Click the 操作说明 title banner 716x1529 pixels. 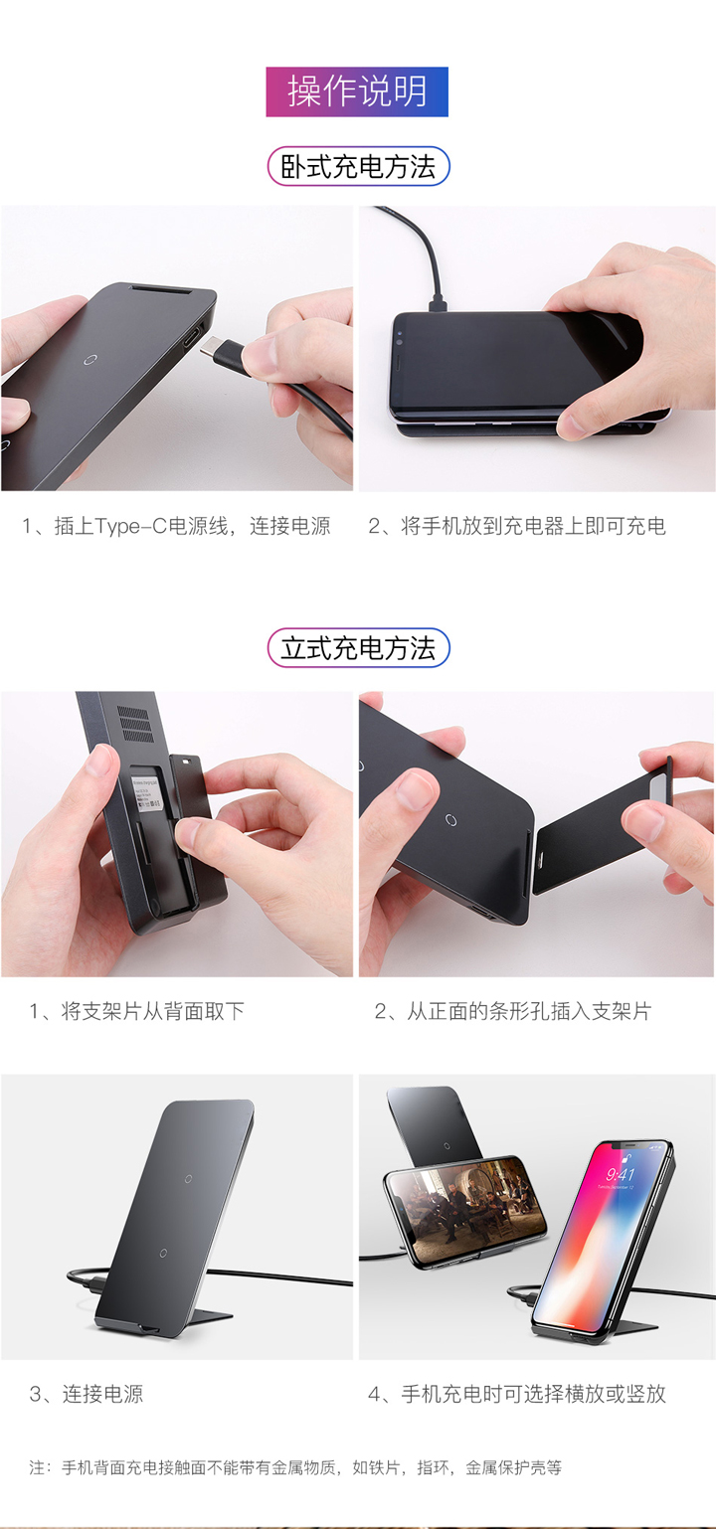click(357, 91)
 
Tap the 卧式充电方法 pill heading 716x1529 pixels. click(358, 167)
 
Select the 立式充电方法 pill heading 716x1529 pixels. click(358, 648)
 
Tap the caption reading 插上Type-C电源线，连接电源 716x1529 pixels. click(176, 526)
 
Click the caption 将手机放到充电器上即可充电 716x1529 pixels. click(517, 526)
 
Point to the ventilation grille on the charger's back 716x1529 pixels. click(135, 725)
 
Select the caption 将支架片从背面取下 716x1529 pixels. click(136, 1011)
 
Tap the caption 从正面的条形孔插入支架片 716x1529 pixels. click(512, 1011)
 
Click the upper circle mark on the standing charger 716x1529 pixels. click(188, 1179)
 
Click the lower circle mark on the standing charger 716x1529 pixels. click(163, 1254)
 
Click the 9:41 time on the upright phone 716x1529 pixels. click(621, 1175)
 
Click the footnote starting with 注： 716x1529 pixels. click(295, 1467)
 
